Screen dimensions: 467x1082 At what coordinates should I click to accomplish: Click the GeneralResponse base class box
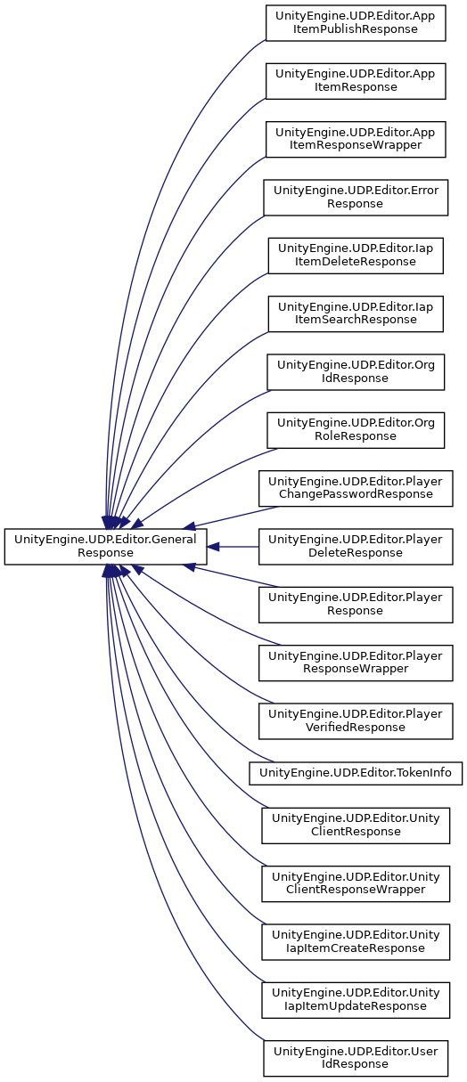coord(105,546)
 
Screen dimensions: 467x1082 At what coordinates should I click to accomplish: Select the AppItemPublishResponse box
coord(356,22)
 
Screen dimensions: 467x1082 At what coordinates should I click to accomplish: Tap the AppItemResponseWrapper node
coord(356,139)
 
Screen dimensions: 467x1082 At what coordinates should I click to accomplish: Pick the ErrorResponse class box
coord(356,198)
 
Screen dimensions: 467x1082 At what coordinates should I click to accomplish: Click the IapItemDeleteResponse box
coord(356,256)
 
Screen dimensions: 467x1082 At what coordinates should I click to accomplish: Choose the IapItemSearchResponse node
coord(356,314)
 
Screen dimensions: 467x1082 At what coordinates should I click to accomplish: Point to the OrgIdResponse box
coord(356,372)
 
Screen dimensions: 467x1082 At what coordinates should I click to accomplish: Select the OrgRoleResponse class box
coord(356,430)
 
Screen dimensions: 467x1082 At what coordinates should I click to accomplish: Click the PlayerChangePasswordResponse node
coord(356,488)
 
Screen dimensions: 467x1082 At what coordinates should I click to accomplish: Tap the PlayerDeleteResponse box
coord(356,546)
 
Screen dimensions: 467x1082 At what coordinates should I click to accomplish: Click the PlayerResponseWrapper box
coord(356,663)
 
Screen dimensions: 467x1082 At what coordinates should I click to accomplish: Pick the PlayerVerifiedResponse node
coord(356,721)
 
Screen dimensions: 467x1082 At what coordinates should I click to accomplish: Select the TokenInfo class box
coord(356,773)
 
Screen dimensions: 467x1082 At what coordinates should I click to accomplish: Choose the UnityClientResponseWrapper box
coord(356,883)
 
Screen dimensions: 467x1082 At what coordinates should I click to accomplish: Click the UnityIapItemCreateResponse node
coord(356,942)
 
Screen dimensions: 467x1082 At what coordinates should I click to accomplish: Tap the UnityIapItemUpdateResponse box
coord(356,1000)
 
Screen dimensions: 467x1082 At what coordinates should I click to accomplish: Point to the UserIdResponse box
coord(356,1058)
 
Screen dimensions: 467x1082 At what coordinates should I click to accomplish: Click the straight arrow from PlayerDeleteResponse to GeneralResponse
coord(233,547)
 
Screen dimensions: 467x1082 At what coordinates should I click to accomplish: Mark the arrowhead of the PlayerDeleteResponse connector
coord(213,547)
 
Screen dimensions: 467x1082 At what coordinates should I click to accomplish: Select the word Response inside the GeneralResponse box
coord(105,553)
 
